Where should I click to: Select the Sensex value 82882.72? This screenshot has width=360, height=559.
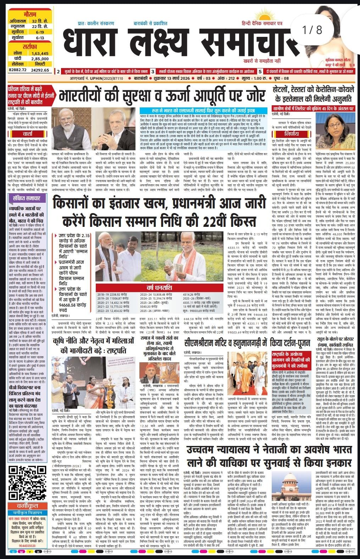pyautogui.click(x=18, y=70)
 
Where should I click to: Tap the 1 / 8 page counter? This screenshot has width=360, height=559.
pyautogui.click(x=313, y=30)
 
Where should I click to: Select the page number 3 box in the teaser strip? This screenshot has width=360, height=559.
pyautogui.click(x=153, y=71)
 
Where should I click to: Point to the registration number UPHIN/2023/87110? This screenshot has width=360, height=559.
pyautogui.click(x=106, y=78)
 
